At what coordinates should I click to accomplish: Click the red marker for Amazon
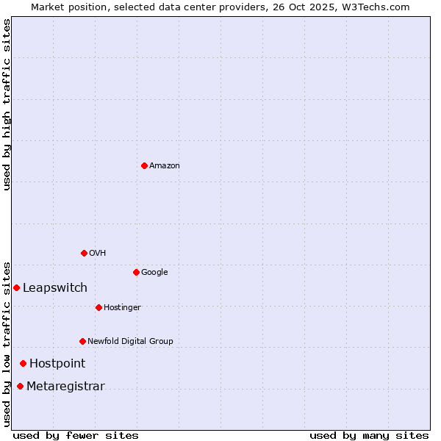pyautogui.click(x=144, y=165)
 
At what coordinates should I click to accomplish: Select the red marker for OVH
pyautogui.click(x=84, y=253)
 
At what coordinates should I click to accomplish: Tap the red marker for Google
pyautogui.click(x=136, y=272)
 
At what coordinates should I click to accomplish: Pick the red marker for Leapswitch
pyautogui.click(x=16, y=287)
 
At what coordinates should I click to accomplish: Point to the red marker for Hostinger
pyautogui.click(x=98, y=307)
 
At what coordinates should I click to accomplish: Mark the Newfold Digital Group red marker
pyautogui.click(x=82, y=341)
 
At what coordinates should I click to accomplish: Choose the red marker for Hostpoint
pyautogui.click(x=23, y=363)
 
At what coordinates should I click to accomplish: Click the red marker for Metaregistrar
pyautogui.click(x=20, y=387)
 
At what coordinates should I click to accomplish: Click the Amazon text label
pyautogui.click(x=165, y=166)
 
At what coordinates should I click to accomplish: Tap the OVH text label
pyautogui.click(x=98, y=254)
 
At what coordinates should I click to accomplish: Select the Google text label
pyautogui.click(x=154, y=273)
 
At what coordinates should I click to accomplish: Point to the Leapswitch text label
pyautogui.click(x=55, y=288)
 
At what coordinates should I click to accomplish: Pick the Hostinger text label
pyautogui.click(x=122, y=308)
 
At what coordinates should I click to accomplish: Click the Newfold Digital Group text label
pyautogui.click(x=130, y=342)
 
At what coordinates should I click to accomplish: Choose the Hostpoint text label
pyautogui.click(x=57, y=364)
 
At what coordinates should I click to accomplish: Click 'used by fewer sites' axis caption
pyautogui.click(x=76, y=435)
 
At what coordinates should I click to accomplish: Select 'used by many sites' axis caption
pyautogui.click(x=369, y=435)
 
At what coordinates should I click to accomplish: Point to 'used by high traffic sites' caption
pyautogui.click(x=7, y=104)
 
